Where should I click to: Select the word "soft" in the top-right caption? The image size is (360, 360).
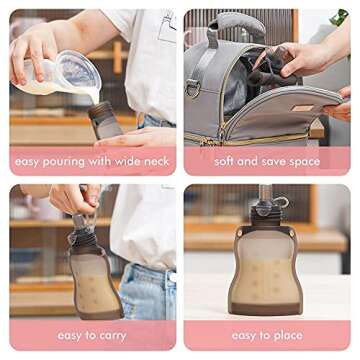point(223,162)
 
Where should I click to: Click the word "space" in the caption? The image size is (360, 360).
point(303,162)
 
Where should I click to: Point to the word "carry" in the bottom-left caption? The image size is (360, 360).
point(112,336)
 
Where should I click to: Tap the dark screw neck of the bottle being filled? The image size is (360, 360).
point(99,109)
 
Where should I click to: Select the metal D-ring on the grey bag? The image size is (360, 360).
point(193,88)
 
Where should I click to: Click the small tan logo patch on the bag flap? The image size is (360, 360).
point(301,109)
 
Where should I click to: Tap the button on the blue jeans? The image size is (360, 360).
point(172,277)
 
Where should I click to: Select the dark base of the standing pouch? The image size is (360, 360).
point(265,308)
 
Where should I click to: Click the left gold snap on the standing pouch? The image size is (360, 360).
point(240,233)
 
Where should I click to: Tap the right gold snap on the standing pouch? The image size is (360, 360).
point(292,233)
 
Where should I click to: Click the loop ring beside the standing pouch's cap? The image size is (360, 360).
point(282,202)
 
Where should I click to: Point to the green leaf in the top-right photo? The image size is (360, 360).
point(339,16)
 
